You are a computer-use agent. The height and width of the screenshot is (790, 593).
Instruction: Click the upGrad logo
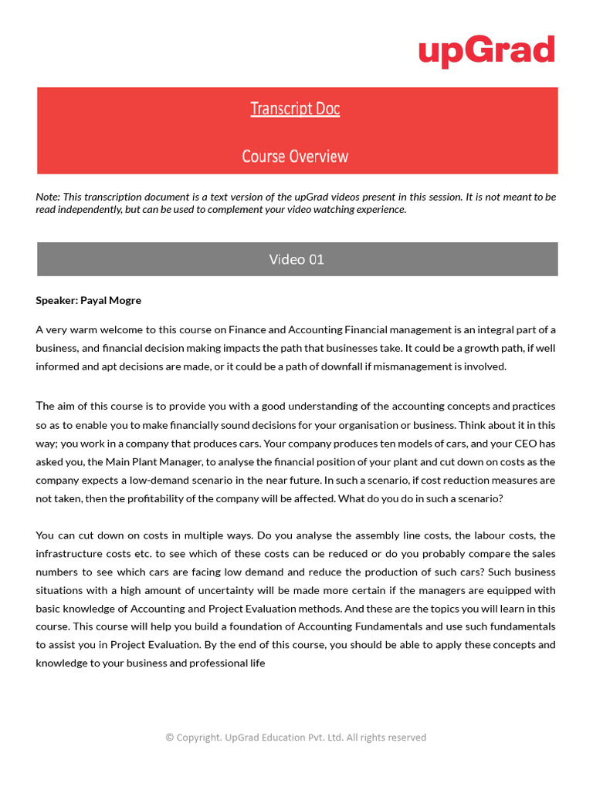[x=486, y=51]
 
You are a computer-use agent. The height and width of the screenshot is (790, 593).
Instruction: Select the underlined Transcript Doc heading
[x=295, y=109]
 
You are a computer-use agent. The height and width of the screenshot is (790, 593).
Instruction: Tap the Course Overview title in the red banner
[x=295, y=157]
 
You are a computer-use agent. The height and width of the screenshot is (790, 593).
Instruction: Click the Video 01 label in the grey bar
[x=296, y=259]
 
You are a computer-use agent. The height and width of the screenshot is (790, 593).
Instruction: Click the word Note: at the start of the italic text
[x=48, y=197]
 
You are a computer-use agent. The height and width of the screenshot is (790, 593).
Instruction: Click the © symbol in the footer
[x=170, y=738]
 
